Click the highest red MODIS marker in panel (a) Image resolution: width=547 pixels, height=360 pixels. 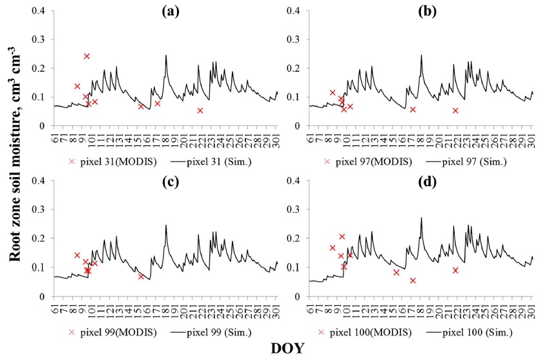87,56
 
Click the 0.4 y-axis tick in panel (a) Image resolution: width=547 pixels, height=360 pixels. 40,11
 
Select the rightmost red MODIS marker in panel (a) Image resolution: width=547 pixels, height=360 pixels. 200,111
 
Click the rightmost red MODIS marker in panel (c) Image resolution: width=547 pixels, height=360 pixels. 141,277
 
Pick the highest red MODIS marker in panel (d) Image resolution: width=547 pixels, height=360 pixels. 342,237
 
